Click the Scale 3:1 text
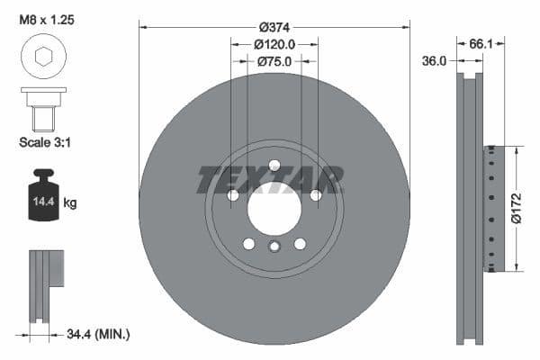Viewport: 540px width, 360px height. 46,143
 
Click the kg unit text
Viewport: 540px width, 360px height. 70,203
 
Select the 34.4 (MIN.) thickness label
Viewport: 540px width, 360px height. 98,334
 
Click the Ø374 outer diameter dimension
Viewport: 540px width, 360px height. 274,26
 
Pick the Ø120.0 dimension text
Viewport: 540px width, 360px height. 274,43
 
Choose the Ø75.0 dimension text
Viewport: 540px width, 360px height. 274,61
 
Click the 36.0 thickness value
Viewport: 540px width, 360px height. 435,61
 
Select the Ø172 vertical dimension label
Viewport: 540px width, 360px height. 516,207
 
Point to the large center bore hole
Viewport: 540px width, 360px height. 274,211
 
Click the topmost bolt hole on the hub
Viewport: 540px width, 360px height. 274,165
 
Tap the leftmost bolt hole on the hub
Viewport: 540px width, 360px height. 233,195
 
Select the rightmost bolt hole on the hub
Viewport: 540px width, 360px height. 316,195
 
